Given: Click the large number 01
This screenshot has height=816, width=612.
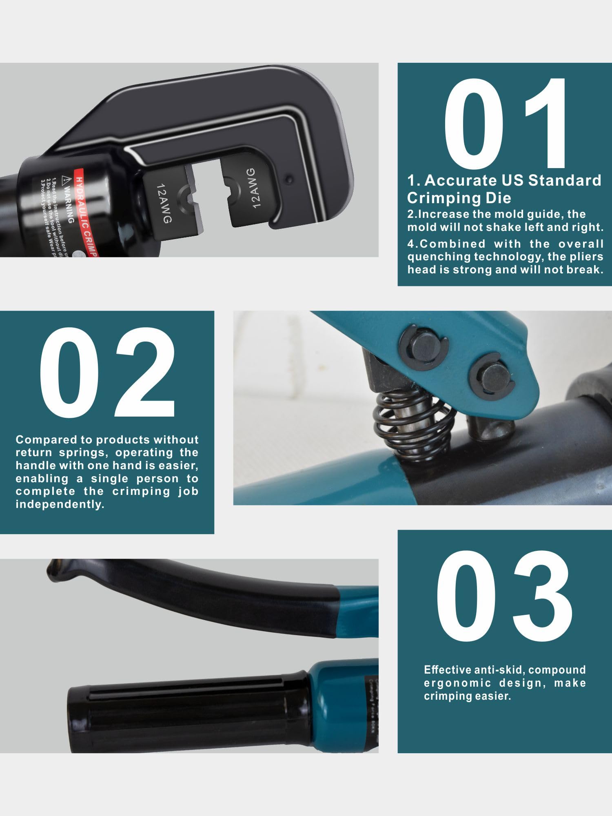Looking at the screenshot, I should click(505, 123).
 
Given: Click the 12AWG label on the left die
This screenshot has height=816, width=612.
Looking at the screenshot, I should click(164, 203).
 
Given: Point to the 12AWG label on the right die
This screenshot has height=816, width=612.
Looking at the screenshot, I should click(254, 188).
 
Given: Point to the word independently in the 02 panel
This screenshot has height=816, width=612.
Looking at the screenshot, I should click(60, 504).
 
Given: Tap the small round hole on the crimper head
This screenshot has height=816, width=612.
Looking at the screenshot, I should click(289, 179).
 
